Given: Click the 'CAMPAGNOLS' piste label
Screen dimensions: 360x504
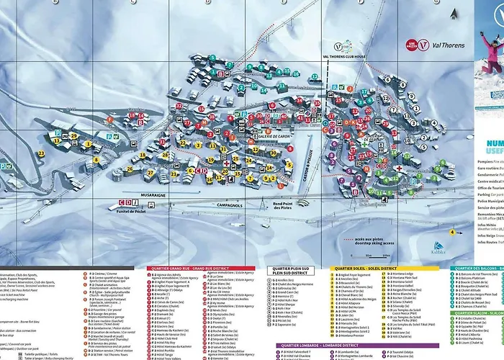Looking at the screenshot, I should (x=232, y=206).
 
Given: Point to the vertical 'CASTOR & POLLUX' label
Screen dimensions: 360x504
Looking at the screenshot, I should (x=307, y=167).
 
